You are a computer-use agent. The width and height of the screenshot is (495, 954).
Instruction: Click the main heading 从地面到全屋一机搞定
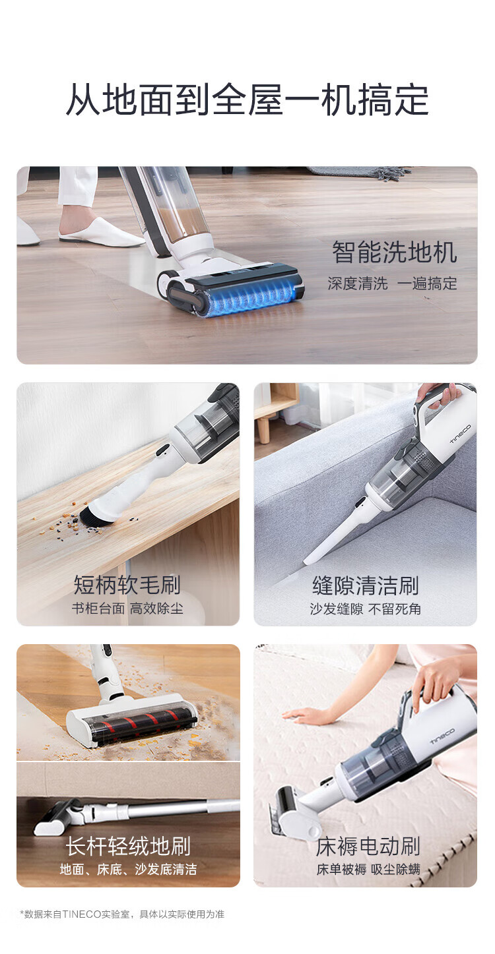coord(247,100)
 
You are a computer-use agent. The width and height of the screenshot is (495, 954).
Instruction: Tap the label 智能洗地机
coord(394,253)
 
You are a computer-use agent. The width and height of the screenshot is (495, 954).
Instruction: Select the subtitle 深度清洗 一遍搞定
coord(392,283)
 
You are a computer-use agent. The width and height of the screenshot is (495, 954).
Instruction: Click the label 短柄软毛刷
coord(127,584)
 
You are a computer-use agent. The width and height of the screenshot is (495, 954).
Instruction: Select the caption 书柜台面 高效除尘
coord(127,609)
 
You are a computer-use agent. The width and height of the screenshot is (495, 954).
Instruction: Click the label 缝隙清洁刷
coord(365,585)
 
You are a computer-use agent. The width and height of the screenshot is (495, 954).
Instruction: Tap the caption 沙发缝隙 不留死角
coord(365,609)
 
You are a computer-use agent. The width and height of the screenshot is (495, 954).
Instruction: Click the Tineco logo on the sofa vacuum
coord(461,432)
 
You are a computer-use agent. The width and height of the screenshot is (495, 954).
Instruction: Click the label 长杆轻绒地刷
coord(127,846)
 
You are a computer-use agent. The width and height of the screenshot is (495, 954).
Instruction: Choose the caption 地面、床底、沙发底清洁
coord(128,869)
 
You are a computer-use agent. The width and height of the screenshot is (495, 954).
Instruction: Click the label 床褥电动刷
coord(368,846)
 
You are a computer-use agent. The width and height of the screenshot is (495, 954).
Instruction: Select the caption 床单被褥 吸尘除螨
coord(368,869)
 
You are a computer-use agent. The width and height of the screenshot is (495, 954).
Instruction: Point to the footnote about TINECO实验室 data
coord(122,914)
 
